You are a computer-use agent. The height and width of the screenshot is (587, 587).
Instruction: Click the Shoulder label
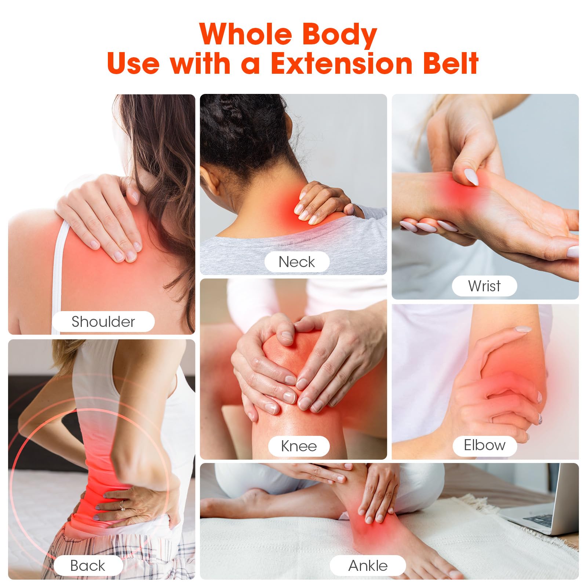pyautogui.click(x=103, y=322)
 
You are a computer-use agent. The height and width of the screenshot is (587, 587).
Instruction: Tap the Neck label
pyautogui.click(x=297, y=262)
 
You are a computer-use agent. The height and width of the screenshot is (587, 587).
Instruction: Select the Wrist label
pyautogui.click(x=484, y=286)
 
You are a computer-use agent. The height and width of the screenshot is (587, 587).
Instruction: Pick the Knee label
pyautogui.click(x=299, y=446)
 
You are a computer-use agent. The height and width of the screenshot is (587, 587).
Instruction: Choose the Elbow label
pyautogui.click(x=485, y=445)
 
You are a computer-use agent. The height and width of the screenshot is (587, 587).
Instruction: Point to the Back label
pyautogui.click(x=88, y=565)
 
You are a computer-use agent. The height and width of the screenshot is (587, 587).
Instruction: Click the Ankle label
pyautogui.click(x=368, y=565)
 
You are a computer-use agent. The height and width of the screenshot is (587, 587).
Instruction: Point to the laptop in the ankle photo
pyautogui.click(x=539, y=502)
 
